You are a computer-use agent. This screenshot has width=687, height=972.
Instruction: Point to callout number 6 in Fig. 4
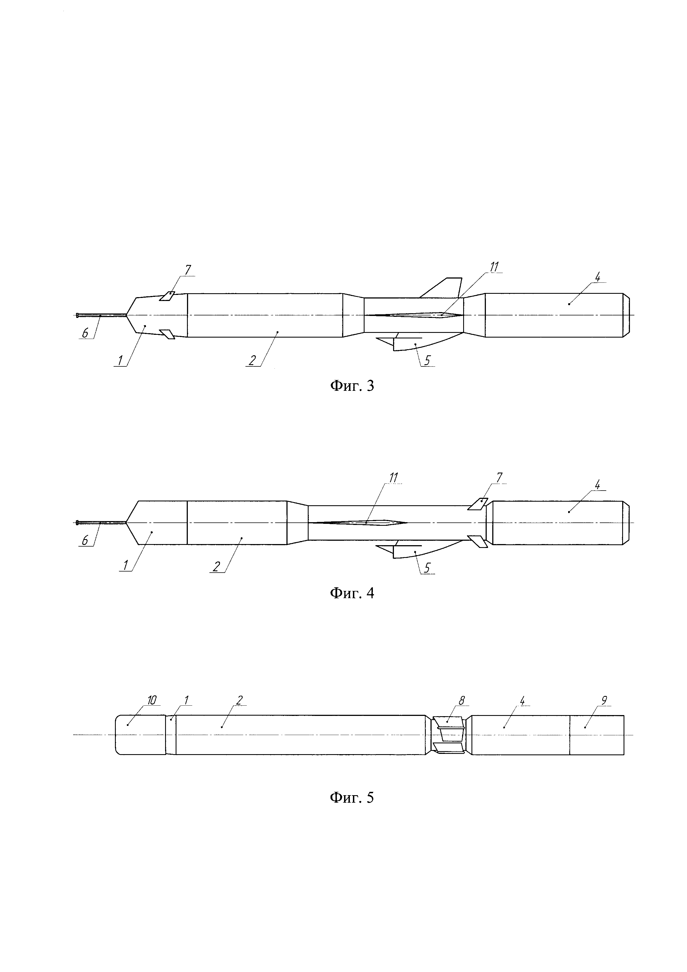[84, 540]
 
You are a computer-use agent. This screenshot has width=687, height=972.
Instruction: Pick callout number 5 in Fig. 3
[427, 360]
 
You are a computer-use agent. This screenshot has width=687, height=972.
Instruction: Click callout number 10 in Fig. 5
[152, 701]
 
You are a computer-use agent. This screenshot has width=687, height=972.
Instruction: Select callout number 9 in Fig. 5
[604, 701]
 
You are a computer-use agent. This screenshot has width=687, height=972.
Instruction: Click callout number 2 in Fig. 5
[239, 701]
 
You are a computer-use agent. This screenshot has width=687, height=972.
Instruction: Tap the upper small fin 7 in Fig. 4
[478, 504]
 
